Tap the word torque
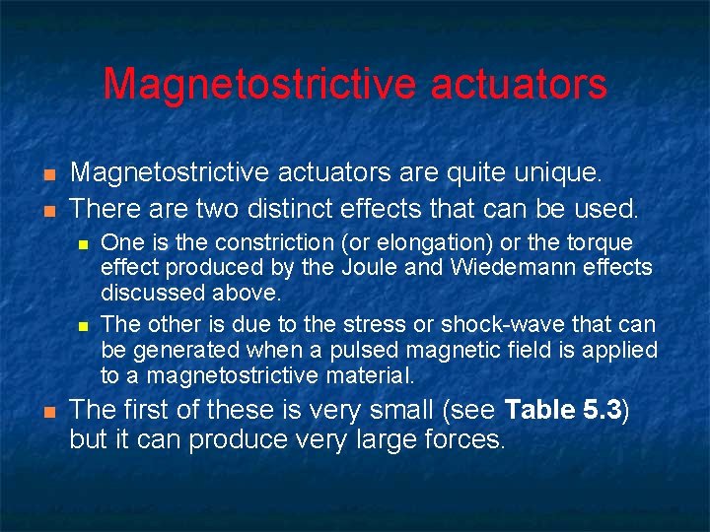596,242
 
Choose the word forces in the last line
464,439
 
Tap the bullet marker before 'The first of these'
47,410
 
